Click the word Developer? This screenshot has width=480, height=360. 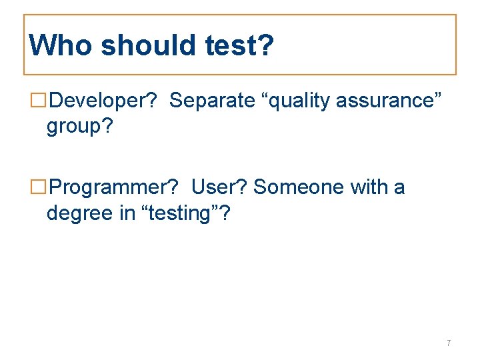(103, 101)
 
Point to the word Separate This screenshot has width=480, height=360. (212, 101)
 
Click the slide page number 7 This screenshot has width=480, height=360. (449, 343)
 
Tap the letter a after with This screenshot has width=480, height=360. (399, 187)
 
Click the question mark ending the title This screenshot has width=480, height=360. (265, 45)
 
